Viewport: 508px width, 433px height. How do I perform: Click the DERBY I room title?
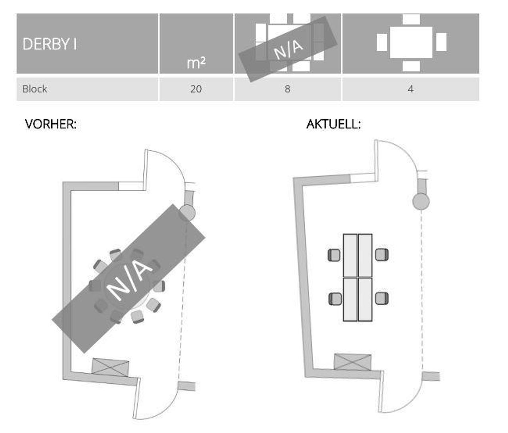click(x=49, y=44)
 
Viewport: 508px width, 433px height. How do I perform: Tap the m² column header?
click(x=196, y=63)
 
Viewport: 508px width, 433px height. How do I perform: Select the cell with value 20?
click(x=196, y=89)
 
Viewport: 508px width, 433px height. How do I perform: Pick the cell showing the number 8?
click(x=288, y=89)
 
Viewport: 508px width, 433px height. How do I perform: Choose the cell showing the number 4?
click(x=411, y=89)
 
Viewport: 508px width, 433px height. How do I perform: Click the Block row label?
click(x=35, y=89)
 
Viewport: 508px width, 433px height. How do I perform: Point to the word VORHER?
click(x=50, y=124)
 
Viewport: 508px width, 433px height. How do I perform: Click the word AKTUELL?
click(x=333, y=124)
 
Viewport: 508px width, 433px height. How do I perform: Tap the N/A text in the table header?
click(x=288, y=50)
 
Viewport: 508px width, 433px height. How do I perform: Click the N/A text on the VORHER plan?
click(x=129, y=280)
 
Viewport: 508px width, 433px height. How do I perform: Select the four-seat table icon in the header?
click(x=412, y=42)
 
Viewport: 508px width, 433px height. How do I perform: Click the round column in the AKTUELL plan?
click(x=421, y=202)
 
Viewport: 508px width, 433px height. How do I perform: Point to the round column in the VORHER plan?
click(x=187, y=213)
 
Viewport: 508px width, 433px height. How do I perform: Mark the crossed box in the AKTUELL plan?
click(x=352, y=362)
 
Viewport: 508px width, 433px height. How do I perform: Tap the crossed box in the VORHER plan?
click(x=110, y=368)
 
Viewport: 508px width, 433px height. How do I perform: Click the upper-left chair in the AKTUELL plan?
click(x=334, y=255)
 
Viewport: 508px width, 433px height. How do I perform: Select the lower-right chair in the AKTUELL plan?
click(x=382, y=298)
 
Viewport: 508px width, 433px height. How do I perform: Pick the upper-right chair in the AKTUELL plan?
click(x=382, y=254)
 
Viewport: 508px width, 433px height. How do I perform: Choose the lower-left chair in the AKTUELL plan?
click(x=335, y=299)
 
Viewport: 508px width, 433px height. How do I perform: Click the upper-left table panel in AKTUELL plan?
click(x=350, y=256)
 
